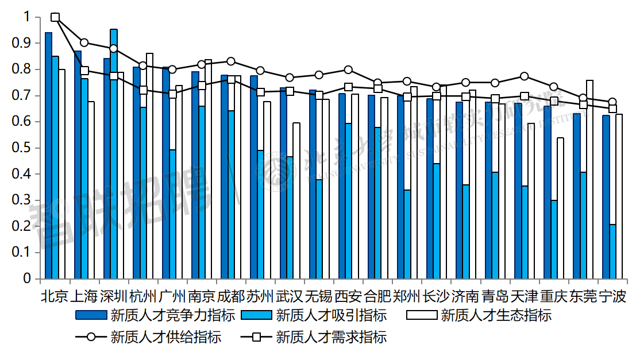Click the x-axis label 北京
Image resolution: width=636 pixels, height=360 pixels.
click(55, 296)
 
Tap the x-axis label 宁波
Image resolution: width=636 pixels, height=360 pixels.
click(612, 296)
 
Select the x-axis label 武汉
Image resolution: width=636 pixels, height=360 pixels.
click(290, 296)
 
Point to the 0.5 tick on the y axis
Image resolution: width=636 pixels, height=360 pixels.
click(26, 148)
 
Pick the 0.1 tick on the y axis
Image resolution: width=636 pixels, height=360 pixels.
click(26, 253)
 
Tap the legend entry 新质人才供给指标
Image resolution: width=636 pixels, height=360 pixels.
click(166, 337)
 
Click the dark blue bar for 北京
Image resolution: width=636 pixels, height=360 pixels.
click(48, 155)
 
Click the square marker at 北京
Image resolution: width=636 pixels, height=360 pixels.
click(55, 17)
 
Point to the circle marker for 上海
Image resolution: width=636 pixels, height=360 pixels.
click(84, 42)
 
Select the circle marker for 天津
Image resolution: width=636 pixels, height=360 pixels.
click(524, 76)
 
